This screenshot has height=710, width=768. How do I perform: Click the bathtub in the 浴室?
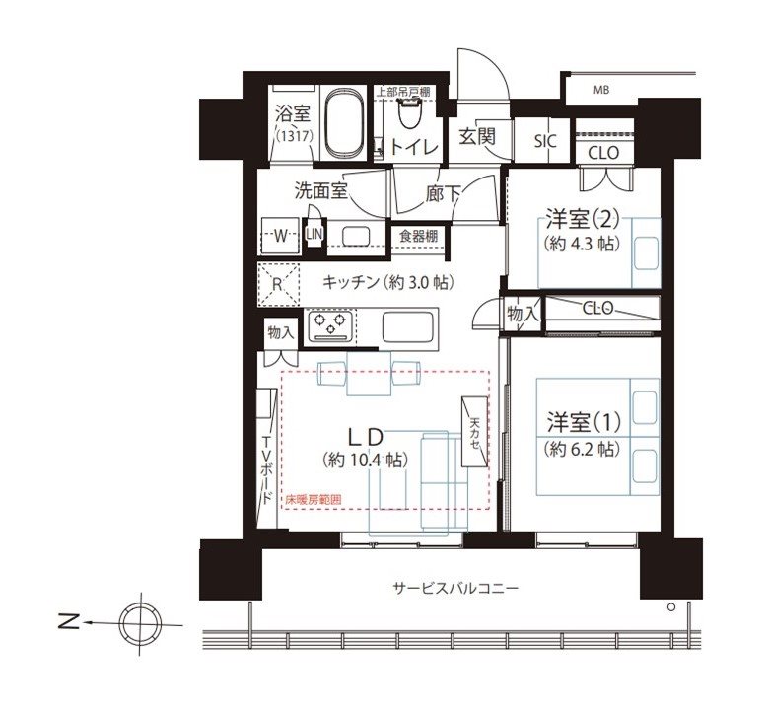point(344,122)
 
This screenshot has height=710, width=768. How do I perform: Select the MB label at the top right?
point(601,90)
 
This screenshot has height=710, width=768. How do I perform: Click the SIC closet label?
point(545,142)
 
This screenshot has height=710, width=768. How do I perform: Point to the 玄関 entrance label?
point(476,136)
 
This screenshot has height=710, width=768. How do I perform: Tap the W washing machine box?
point(280,236)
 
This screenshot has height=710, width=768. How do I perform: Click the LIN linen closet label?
point(314,235)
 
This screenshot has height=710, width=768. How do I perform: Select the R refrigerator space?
point(278,284)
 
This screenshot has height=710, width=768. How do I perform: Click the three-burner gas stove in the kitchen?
point(329,325)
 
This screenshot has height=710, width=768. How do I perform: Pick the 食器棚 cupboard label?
point(418,237)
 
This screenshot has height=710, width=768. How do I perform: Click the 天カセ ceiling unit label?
point(474,433)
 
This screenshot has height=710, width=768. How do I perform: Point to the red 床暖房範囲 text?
point(314,500)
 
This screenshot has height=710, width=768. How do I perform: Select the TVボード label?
point(267,469)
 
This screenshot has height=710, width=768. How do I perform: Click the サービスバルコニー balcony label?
point(455,587)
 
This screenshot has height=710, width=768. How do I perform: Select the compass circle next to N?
point(141,624)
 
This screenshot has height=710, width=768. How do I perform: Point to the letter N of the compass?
point(69,622)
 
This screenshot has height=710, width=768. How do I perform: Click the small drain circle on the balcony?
point(671,607)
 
